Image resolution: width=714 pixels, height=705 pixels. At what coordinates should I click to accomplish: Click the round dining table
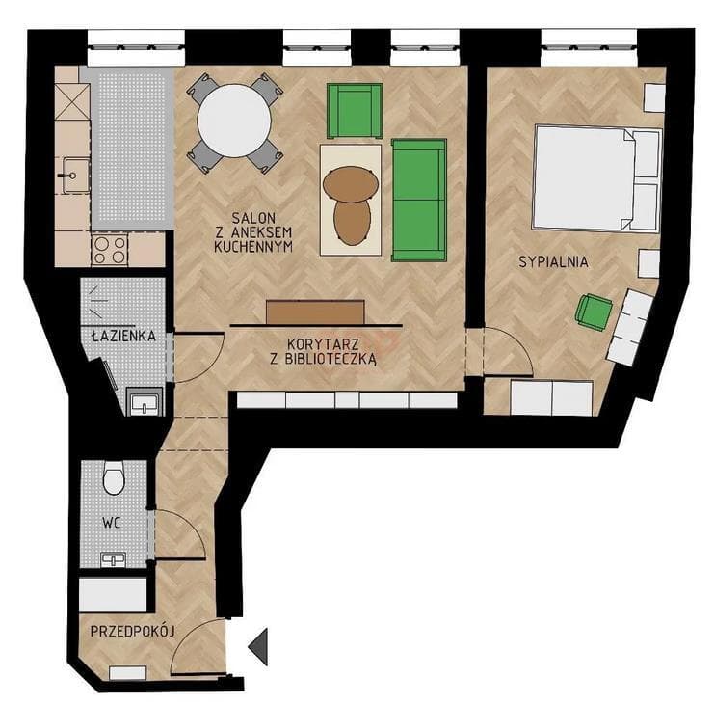(234, 122)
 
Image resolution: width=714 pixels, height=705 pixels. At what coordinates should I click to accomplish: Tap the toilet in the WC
(114, 477)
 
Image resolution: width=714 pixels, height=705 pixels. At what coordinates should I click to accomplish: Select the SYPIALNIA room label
(554, 262)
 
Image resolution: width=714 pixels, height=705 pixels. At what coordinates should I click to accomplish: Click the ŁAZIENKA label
(123, 337)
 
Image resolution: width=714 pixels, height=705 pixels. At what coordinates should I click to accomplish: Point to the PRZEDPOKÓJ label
(133, 632)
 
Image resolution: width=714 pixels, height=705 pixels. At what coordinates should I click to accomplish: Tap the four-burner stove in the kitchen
(110, 250)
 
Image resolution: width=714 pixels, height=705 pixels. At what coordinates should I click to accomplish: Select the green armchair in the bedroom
(594, 312)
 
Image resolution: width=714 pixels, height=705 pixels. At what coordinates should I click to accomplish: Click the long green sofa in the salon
(419, 200)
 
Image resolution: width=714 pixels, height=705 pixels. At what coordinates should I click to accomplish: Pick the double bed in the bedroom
(597, 178)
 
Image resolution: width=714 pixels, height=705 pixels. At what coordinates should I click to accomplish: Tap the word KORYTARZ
(323, 343)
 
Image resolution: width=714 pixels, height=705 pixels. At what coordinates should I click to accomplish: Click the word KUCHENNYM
(253, 247)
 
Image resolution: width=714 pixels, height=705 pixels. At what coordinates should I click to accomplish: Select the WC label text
(112, 523)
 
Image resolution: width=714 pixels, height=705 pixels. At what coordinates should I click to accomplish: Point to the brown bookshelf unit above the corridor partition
(315, 312)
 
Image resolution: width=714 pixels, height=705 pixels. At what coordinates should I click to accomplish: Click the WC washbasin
(114, 558)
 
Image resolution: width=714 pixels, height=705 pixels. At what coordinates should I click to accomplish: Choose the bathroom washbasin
(145, 403)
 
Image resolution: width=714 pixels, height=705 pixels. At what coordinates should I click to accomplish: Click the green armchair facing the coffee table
(355, 111)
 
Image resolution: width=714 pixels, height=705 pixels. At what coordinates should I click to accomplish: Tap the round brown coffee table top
(351, 183)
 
